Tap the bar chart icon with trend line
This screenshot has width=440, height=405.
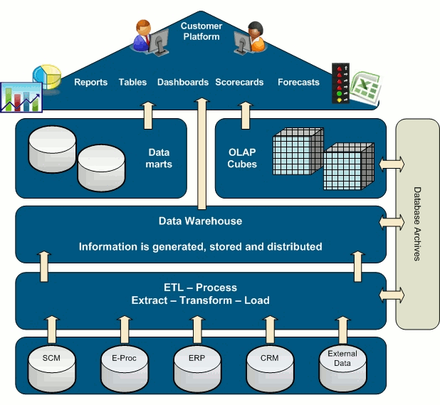click(21, 97)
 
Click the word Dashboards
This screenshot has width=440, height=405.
click(183, 83)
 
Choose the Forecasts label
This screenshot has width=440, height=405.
click(298, 83)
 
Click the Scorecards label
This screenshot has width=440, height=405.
click(241, 83)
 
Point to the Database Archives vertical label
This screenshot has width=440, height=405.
click(417, 223)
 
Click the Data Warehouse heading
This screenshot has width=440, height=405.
click(200, 221)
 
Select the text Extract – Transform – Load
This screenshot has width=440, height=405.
click(200, 300)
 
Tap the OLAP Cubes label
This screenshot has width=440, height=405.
click(242, 158)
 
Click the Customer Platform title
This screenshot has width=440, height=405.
click(201, 31)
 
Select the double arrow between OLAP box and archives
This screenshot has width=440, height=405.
click(391, 164)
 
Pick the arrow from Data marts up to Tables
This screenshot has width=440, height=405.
click(148, 115)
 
